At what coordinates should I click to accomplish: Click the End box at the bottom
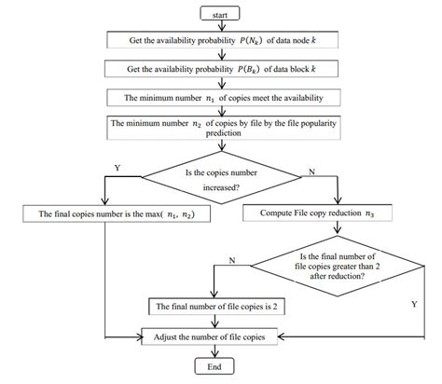214,367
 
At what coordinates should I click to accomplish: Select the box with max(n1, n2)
109,213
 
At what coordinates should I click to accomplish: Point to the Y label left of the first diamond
117,170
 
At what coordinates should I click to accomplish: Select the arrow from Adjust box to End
214,350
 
